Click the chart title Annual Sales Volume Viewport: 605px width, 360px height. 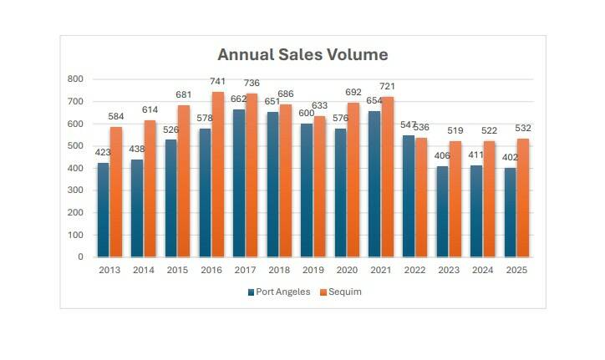pos(302,55)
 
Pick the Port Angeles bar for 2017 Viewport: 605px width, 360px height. pos(239,183)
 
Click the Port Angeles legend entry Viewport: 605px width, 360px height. pos(279,292)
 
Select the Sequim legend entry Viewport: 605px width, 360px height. pos(343,292)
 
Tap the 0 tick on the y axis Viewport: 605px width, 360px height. pos(80,257)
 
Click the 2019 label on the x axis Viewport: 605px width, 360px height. pos(313,271)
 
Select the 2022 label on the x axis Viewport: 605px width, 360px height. pos(414,271)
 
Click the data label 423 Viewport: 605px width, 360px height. pos(102,153)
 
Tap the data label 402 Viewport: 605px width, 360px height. pos(509,158)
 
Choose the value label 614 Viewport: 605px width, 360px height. pos(150,111)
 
